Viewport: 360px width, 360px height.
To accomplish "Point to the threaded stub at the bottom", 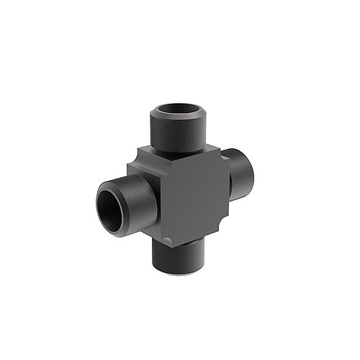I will (x=177, y=257).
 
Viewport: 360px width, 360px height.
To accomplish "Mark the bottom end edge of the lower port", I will (x=176, y=272).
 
